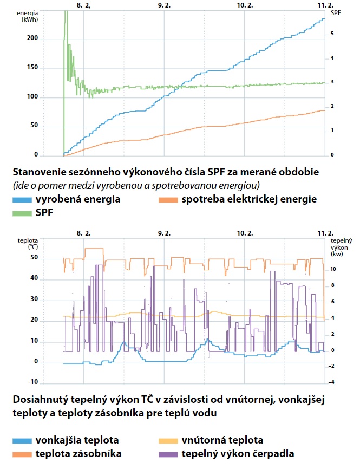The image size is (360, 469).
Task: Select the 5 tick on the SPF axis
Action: [332, 34]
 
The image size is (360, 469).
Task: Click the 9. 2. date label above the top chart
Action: [164, 4]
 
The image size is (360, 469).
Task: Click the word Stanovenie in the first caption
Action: [38, 172]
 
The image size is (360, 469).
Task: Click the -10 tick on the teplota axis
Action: [34, 382]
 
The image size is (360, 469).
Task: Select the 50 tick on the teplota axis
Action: [34, 258]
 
